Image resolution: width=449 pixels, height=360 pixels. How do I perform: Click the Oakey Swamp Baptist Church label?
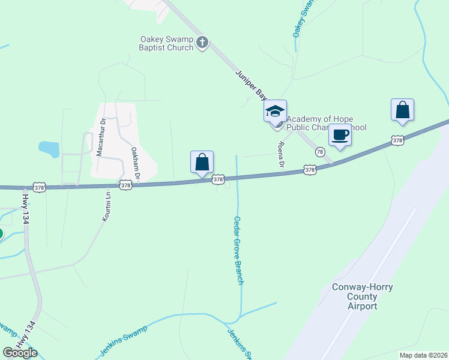pyautogui.click(x=166, y=43)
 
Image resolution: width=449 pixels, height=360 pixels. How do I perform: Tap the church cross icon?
pyautogui.click(x=202, y=43)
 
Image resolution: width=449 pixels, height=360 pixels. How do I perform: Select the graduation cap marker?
pyautogui.click(x=275, y=111)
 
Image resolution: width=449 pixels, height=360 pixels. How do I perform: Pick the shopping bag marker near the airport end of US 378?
pyautogui.click(x=402, y=110)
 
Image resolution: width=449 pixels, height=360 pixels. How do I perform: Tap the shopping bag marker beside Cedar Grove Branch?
pyautogui.click(x=202, y=162)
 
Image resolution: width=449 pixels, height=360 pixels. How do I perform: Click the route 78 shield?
pyautogui.click(x=320, y=152)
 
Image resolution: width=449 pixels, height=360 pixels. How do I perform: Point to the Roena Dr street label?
pyautogui.click(x=280, y=154)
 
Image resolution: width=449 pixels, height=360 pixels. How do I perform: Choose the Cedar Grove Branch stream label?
pyautogui.click(x=238, y=250)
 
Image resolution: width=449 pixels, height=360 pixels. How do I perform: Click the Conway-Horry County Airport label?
pyautogui.click(x=363, y=296)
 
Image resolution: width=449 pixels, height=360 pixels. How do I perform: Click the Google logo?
pyautogui.click(x=20, y=353)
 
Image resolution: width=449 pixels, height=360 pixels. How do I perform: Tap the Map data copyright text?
pyautogui.click(x=423, y=355)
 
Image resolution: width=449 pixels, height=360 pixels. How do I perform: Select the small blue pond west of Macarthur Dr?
pyautogui.click(x=49, y=149)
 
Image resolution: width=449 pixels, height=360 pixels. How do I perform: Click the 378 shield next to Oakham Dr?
pyautogui.click(x=125, y=185)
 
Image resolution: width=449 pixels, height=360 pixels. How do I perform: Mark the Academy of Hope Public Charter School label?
pyautogui.click(x=327, y=123)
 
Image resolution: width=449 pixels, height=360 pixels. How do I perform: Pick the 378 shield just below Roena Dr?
pyautogui.click(x=310, y=170)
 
